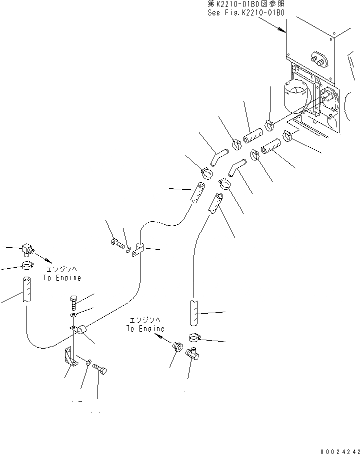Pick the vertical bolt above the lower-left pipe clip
(x=72, y=302)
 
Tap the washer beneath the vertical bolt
(x=73, y=316)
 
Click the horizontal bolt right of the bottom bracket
(x=100, y=370)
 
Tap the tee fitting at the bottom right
(x=192, y=355)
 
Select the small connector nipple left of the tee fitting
(x=176, y=346)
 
